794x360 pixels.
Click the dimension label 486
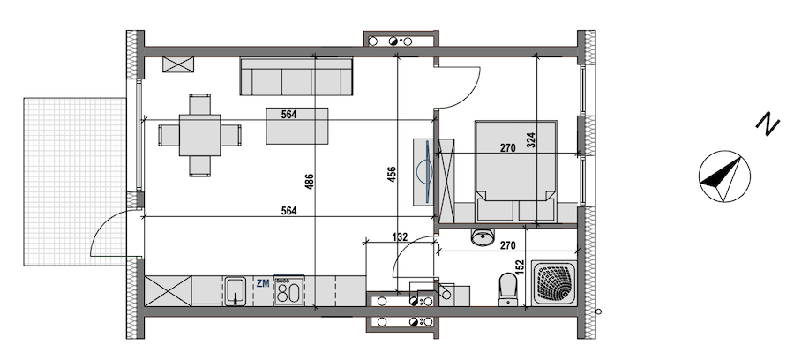310,181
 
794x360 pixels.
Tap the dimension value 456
392,174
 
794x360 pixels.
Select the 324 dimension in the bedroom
531,139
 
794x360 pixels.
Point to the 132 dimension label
401,237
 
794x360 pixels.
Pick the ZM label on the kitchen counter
263,283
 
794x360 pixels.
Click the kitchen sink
235,290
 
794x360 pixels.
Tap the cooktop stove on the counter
289,290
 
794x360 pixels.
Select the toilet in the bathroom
507,289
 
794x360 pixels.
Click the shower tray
553,282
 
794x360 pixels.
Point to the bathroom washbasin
483,237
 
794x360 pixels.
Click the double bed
515,170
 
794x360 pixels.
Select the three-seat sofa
296,77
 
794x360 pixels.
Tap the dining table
199,135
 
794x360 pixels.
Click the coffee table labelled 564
297,125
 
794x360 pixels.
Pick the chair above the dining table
200,104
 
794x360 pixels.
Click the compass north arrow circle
724,176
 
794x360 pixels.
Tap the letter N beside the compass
768,124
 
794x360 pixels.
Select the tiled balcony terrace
74,182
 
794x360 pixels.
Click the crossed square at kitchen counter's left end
169,290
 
